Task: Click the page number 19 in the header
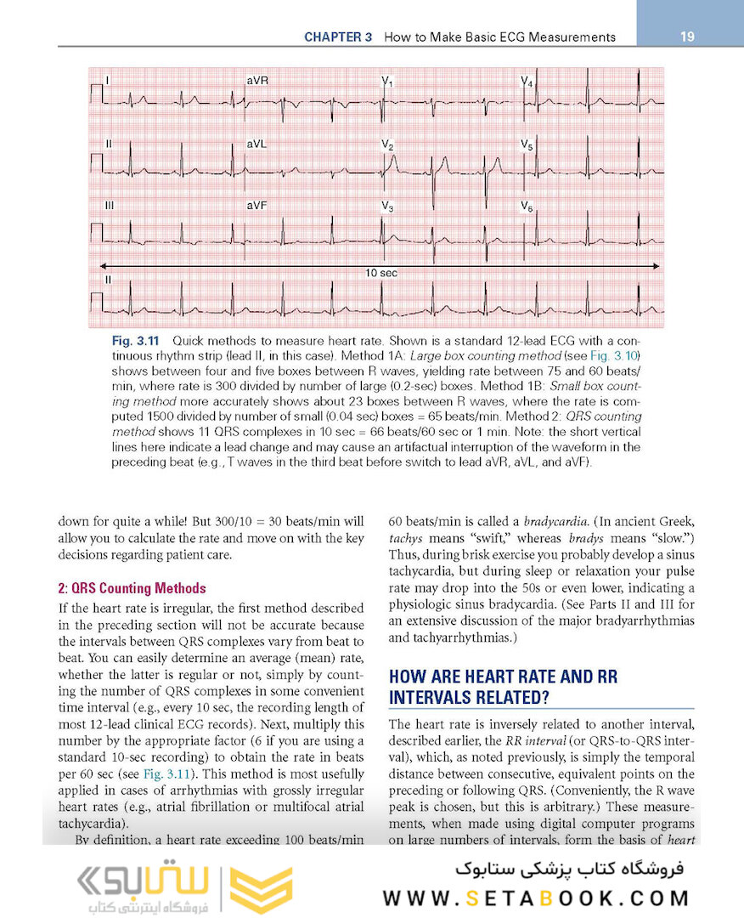click(x=688, y=37)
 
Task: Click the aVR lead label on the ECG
click(x=257, y=81)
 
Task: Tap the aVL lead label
click(x=256, y=144)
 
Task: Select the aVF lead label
click(x=256, y=206)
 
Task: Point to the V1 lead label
click(x=387, y=82)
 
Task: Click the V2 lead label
click(x=387, y=146)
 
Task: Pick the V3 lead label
click(x=387, y=207)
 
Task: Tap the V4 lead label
click(x=527, y=82)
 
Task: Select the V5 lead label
click(x=527, y=146)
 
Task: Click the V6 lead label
click(x=527, y=207)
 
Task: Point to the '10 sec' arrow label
click(x=381, y=273)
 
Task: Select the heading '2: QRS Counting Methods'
click(x=132, y=588)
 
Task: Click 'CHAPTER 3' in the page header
click(x=339, y=37)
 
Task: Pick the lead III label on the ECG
click(x=110, y=206)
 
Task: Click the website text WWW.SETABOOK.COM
click(x=535, y=898)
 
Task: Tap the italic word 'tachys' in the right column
click(x=404, y=539)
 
